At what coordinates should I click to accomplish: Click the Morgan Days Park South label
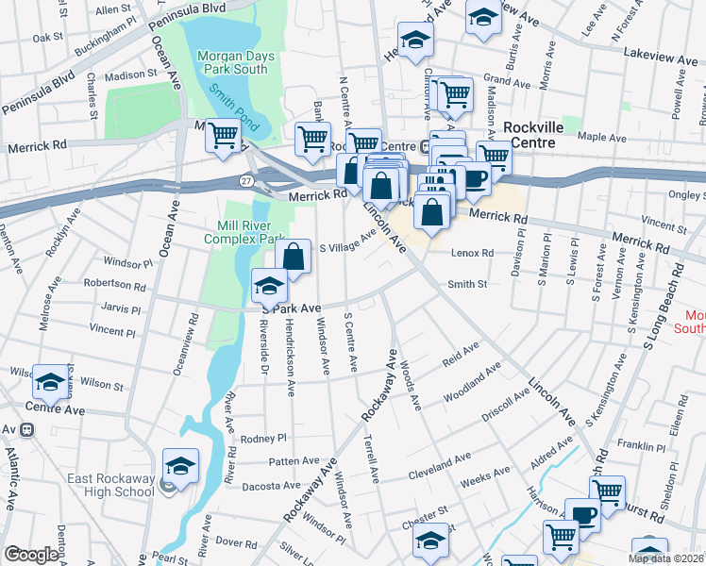(236, 62)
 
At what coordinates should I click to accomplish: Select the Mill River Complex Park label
(238, 233)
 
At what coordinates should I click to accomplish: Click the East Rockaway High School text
(110, 485)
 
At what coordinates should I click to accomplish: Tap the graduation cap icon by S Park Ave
(269, 284)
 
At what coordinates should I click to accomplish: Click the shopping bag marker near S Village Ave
(293, 255)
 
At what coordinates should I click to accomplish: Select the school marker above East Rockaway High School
(180, 464)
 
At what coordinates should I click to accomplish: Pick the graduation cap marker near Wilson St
(50, 380)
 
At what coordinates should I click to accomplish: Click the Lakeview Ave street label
(661, 58)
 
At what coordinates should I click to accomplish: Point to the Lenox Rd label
(473, 254)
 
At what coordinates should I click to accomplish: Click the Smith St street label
(466, 283)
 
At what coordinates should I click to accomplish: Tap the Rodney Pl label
(262, 439)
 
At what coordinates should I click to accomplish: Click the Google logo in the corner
(31, 555)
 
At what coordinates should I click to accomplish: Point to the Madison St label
(131, 74)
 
